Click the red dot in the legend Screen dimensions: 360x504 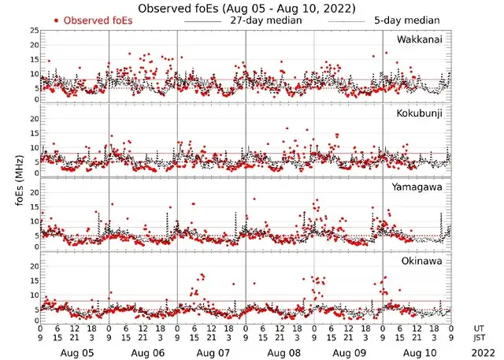tap(56, 20)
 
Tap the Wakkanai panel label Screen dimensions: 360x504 tap(419, 39)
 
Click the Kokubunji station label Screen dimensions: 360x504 tap(419, 113)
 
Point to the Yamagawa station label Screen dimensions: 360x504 tap(419, 187)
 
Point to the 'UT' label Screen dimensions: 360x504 tap(480, 328)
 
